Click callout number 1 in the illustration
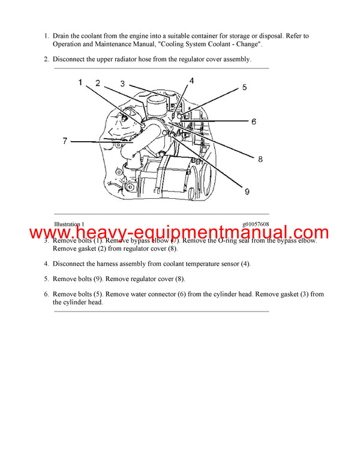80,83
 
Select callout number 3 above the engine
122,84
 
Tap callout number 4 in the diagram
191,80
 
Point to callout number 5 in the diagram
244,87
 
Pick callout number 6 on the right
253,121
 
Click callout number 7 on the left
65,141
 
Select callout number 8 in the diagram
260,159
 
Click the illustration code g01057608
256,224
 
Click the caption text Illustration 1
69,224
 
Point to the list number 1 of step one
46,36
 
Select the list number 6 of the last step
46,294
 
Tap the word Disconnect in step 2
71,59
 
